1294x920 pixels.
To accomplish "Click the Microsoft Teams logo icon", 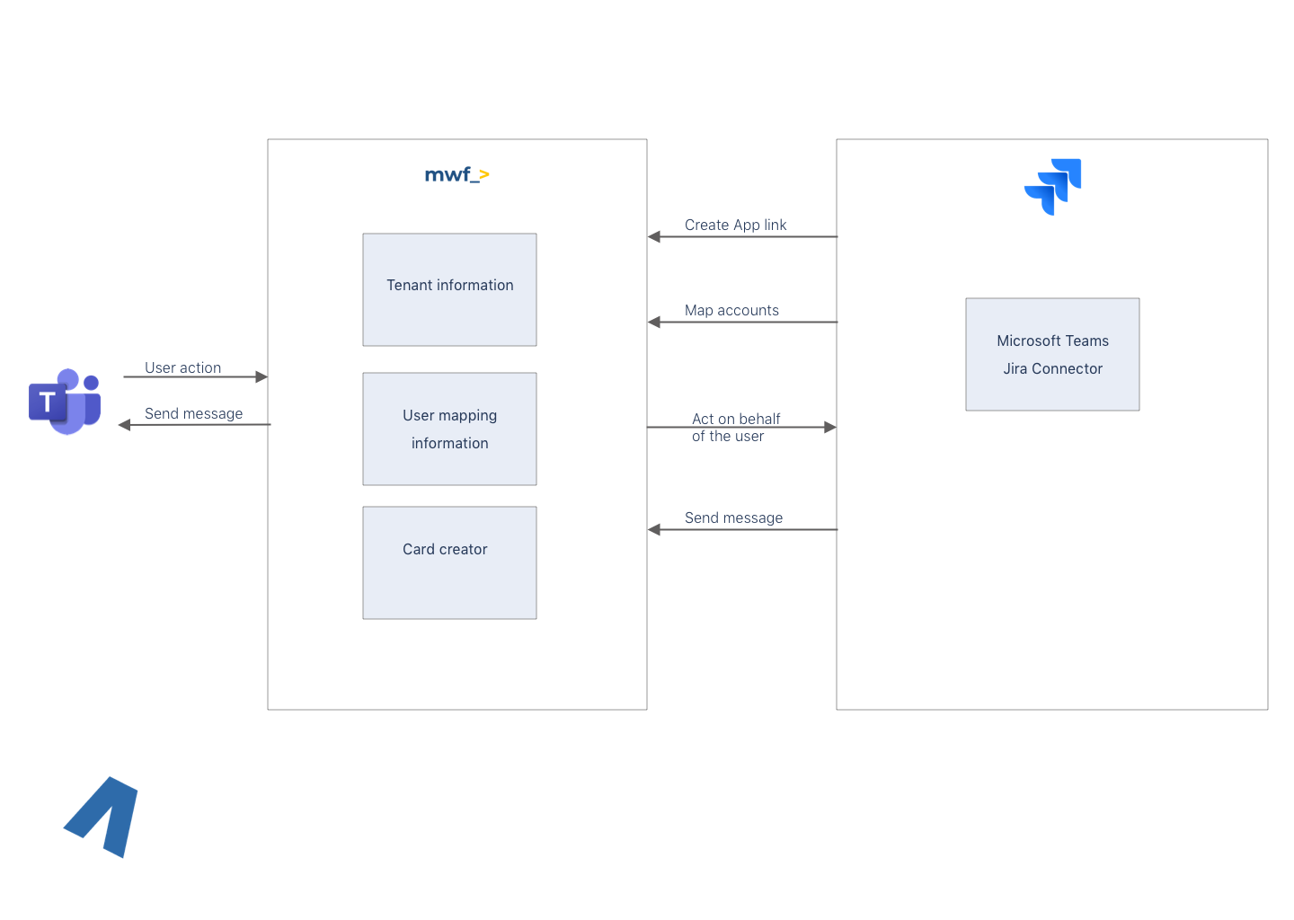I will [x=65, y=402].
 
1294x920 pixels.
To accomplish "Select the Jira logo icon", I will [x=1053, y=187].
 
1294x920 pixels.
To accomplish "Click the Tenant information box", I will [x=449, y=289].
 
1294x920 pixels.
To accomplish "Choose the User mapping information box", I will [x=449, y=429].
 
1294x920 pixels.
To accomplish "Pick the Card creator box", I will [x=449, y=562].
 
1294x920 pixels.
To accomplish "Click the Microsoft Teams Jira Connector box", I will [x=1052, y=354].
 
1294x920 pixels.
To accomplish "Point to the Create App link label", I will [x=735, y=225].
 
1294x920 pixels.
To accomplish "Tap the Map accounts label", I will [x=731, y=310].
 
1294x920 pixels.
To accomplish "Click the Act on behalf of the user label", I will [x=735, y=428].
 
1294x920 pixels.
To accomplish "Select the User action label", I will [x=182, y=367].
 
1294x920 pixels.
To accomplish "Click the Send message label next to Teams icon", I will [x=193, y=413].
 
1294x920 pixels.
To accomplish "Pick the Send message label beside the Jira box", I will [x=733, y=517].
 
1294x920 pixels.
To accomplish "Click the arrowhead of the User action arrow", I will [x=261, y=377].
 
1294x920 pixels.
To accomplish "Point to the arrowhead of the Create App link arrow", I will [x=654, y=237].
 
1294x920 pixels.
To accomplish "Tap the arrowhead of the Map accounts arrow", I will [x=654, y=323].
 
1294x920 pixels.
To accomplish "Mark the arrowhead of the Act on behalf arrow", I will [x=830, y=428].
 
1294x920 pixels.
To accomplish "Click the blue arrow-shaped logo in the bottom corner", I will [x=103, y=817].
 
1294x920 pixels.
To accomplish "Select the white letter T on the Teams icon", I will [x=48, y=402].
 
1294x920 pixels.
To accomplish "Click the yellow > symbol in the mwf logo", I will [x=483, y=175].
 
